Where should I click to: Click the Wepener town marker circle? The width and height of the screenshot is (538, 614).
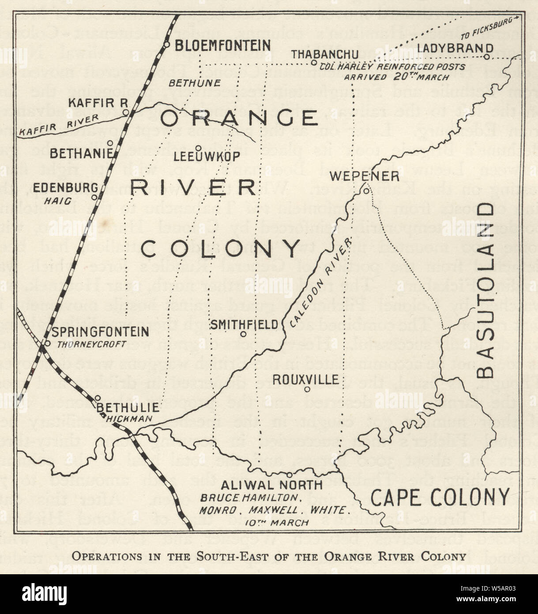pyautogui.click(x=366, y=191)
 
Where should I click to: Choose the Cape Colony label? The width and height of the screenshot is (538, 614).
pyautogui.click(x=440, y=497)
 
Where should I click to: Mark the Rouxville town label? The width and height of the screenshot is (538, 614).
pyautogui.click(x=306, y=379)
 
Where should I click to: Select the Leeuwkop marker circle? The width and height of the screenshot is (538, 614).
pyautogui.click(x=199, y=148)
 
